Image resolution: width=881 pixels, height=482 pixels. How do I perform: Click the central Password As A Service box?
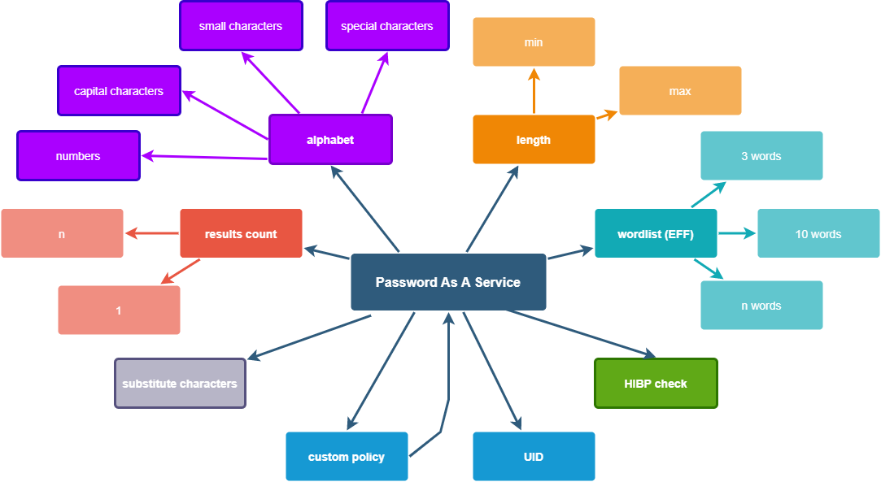[x=448, y=282]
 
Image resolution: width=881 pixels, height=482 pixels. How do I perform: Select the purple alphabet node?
[x=330, y=140]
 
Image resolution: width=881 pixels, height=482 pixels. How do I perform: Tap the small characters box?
[x=241, y=26]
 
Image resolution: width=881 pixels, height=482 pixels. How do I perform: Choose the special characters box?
[x=387, y=26]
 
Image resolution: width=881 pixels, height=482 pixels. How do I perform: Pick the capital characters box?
[x=119, y=91]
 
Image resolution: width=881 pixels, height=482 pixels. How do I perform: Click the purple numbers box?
[x=78, y=156]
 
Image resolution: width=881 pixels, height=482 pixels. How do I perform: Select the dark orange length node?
[x=534, y=140]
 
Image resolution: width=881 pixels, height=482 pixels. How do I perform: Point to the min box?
[x=534, y=42]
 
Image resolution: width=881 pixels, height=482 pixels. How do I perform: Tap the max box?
[x=680, y=91]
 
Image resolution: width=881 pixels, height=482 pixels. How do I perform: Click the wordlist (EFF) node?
[x=656, y=234]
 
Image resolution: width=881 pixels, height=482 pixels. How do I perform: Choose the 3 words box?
[x=761, y=156]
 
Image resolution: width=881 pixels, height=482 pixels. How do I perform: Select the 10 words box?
[x=818, y=234]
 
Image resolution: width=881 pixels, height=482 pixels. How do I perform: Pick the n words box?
[x=761, y=306]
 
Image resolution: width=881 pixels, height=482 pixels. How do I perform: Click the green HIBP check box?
[x=656, y=384]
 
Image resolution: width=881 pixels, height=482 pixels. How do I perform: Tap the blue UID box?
[x=534, y=457]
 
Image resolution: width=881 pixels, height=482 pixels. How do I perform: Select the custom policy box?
[x=347, y=457]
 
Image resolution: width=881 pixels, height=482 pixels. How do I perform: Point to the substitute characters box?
[x=180, y=384]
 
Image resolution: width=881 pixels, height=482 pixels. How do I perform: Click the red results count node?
[x=241, y=234]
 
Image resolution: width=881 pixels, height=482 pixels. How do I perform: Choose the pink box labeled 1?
[x=119, y=310]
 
